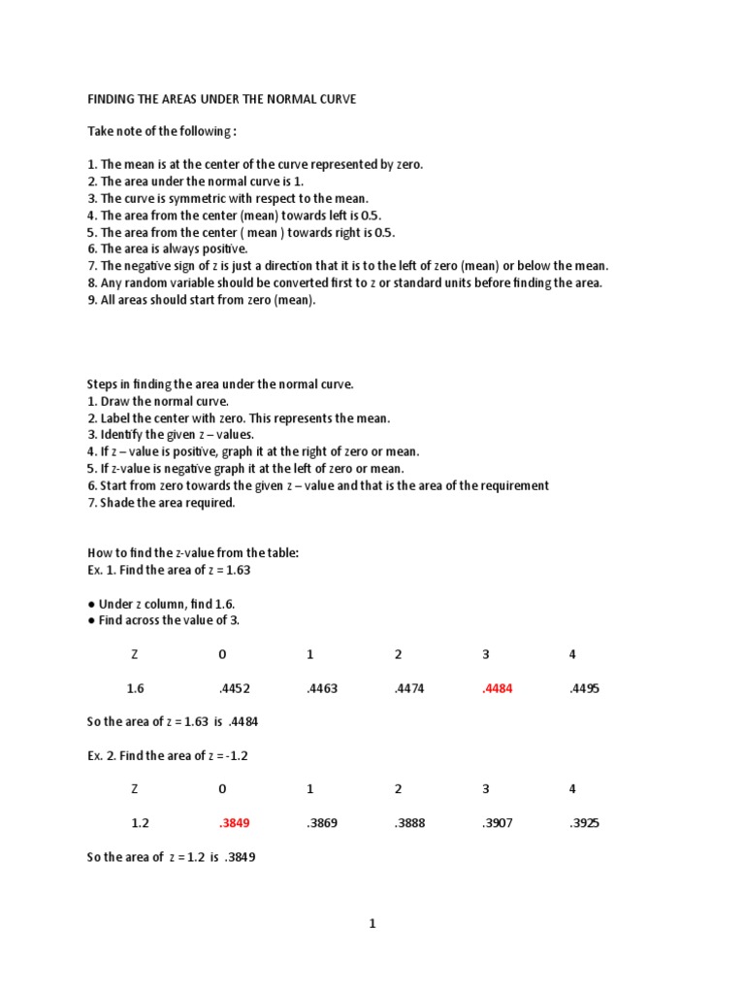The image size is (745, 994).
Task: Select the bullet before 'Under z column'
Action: pyautogui.click(x=91, y=604)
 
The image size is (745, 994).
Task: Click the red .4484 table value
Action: pyautogui.click(x=497, y=689)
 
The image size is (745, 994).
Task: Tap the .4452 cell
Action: pyautogui.click(x=234, y=689)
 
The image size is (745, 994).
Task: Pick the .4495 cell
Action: pyautogui.click(x=585, y=689)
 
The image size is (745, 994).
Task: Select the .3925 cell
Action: pyautogui.click(x=585, y=823)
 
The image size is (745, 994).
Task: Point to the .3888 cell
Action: pyautogui.click(x=408, y=823)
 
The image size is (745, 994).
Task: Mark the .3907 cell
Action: pyautogui.click(x=497, y=823)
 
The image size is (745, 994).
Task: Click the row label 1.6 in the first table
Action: pyautogui.click(x=135, y=689)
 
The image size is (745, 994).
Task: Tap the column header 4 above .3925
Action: pyautogui.click(x=572, y=789)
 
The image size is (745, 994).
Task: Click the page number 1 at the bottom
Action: pyautogui.click(x=372, y=924)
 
